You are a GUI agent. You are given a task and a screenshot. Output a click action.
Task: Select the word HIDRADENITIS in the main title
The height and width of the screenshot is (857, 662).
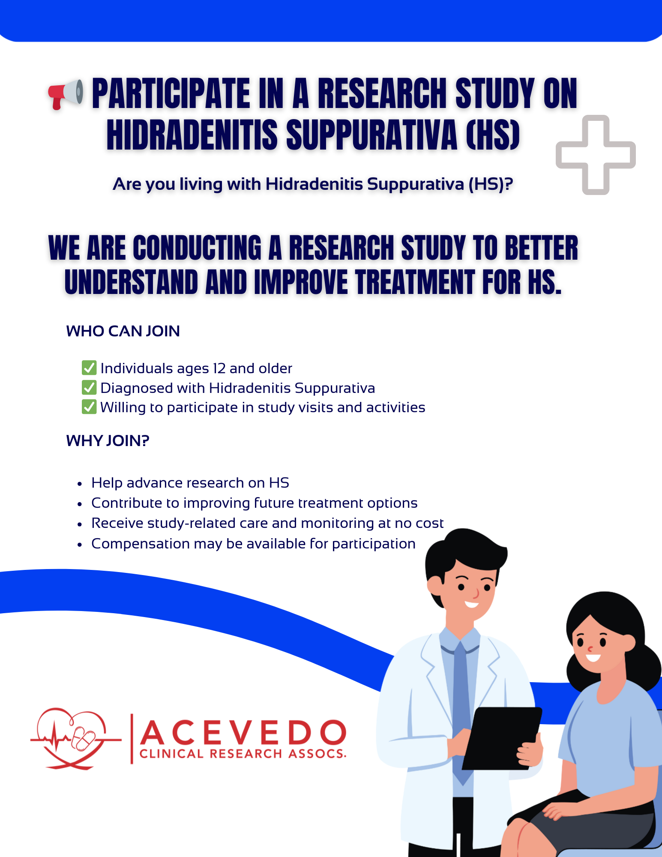click(192, 135)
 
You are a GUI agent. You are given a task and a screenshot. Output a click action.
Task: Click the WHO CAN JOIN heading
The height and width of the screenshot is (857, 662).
click(123, 331)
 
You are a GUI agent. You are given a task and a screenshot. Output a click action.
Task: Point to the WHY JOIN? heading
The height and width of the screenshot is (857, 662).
click(108, 441)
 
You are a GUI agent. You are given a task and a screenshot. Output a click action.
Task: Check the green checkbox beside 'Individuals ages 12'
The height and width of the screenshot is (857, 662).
click(89, 368)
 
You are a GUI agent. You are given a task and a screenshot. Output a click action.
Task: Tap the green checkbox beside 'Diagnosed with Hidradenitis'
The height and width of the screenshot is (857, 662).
click(89, 387)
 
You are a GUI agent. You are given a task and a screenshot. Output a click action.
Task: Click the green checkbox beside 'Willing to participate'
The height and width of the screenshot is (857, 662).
click(89, 407)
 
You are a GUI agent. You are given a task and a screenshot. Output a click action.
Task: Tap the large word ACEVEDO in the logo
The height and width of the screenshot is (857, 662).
click(243, 732)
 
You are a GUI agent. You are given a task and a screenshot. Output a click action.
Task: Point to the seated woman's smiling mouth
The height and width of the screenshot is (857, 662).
click(593, 657)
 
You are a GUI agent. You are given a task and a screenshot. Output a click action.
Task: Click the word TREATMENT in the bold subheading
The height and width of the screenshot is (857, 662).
click(415, 283)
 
